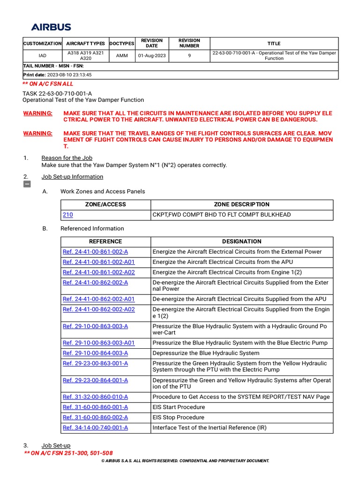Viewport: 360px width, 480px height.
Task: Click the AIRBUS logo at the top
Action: tap(51, 27)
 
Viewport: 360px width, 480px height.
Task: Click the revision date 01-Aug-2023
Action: tap(151, 56)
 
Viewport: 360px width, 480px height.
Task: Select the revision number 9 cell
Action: tap(189, 56)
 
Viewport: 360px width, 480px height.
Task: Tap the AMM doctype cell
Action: tap(122, 56)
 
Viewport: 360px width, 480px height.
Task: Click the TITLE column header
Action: tap(274, 43)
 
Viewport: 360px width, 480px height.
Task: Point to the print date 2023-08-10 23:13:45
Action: tap(69, 75)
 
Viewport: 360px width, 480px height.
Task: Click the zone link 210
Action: tap(67, 215)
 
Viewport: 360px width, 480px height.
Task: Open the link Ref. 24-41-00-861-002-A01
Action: tap(98, 262)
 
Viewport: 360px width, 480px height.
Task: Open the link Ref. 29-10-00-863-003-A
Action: tap(95, 326)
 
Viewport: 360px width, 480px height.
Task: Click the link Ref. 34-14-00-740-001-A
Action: tap(95, 427)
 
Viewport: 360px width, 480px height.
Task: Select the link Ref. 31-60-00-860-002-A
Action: tap(95, 417)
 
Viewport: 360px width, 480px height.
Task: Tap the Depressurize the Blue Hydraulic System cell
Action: tap(206, 353)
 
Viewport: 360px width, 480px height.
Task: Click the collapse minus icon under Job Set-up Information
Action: tap(27, 184)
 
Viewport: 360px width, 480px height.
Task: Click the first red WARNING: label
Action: tap(38, 113)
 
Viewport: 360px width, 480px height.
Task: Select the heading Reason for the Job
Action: tap(67, 158)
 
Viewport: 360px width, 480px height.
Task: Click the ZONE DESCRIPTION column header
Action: tap(241, 204)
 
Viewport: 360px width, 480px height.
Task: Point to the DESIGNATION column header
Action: tap(241, 241)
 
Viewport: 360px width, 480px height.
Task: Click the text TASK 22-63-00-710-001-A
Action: tap(57, 93)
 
